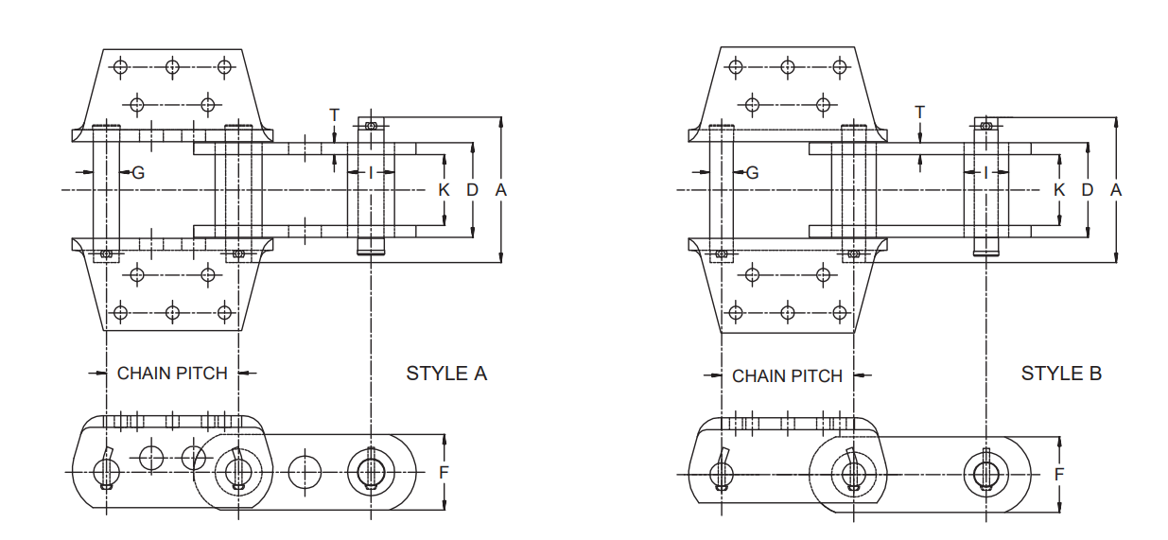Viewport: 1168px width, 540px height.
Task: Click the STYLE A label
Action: pyautogui.click(x=446, y=374)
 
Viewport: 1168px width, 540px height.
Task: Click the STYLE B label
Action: pyautogui.click(x=1061, y=374)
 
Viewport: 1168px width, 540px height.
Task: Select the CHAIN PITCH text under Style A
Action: pyautogui.click(x=172, y=374)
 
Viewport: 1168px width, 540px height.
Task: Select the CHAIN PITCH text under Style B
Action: pyautogui.click(x=787, y=376)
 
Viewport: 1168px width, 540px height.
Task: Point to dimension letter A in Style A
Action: pyautogui.click(x=501, y=190)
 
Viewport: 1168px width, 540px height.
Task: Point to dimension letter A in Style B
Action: pyautogui.click(x=1116, y=190)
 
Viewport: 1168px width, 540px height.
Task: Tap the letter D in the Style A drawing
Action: pyautogui.click(x=473, y=190)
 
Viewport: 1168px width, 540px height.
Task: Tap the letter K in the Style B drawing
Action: pyautogui.click(x=1059, y=190)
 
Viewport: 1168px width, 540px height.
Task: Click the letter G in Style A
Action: pyautogui.click(x=138, y=172)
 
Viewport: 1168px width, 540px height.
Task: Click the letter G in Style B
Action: pyautogui.click(x=753, y=172)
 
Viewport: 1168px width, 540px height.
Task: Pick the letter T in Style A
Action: pyautogui.click(x=334, y=114)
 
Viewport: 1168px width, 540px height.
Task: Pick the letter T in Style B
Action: pyautogui.click(x=920, y=113)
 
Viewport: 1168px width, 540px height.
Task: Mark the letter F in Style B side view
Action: pyautogui.click(x=1059, y=474)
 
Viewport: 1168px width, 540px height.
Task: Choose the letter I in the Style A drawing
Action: pyautogui.click(x=371, y=172)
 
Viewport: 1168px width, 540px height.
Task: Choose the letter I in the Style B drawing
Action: pyautogui.click(x=985, y=172)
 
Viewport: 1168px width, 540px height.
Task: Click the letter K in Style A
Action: pyautogui.click(x=445, y=190)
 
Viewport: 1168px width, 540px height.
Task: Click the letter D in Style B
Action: pyautogui.click(x=1088, y=190)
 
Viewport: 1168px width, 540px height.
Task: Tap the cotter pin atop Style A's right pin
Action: pyautogui.click(x=371, y=125)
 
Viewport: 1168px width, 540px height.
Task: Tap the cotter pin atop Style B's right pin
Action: pyautogui.click(x=986, y=125)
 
